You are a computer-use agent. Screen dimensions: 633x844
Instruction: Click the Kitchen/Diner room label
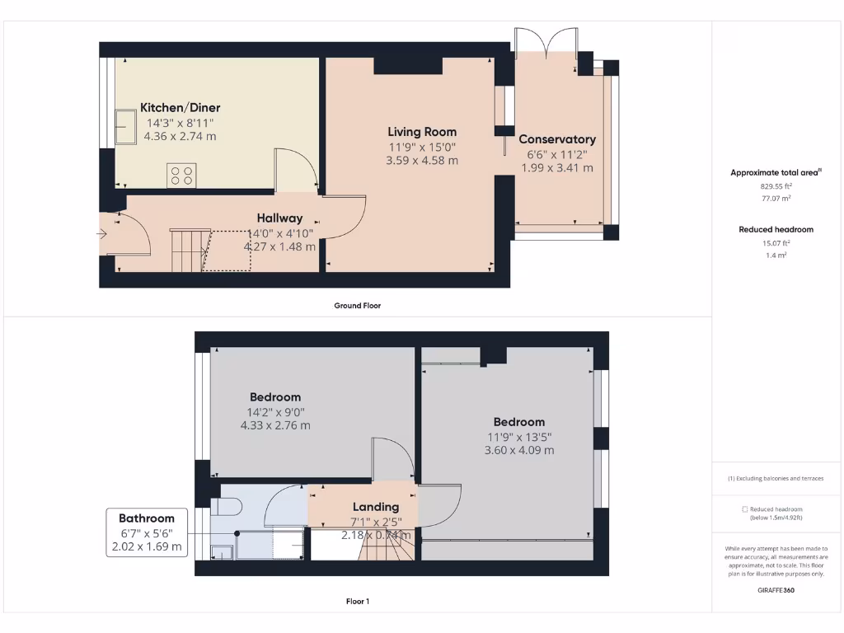pos(180,108)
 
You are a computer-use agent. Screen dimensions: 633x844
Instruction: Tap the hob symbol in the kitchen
pos(181,175)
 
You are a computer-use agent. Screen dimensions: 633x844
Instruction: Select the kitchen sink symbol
pos(126,127)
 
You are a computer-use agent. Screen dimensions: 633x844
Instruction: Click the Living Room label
pos(422,132)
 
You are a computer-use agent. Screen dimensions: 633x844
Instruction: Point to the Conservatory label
pos(556,139)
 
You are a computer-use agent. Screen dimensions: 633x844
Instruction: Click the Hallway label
pos(279,218)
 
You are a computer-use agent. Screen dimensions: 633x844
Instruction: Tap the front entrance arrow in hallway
pos(102,234)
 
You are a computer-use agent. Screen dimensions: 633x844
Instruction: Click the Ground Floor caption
pos(357,305)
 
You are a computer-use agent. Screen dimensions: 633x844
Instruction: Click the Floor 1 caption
pos(357,602)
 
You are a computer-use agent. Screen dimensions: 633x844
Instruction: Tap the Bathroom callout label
pos(147,518)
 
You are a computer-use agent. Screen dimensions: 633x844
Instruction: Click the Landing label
pos(376,507)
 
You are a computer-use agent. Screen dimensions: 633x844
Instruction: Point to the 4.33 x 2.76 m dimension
pos(275,425)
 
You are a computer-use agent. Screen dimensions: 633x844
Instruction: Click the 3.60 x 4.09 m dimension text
pos(519,450)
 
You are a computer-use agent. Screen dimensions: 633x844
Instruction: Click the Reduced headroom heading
pos(776,229)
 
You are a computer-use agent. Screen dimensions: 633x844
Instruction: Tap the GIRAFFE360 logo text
pos(776,590)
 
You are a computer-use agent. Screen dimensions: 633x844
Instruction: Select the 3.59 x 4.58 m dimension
pos(422,161)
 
